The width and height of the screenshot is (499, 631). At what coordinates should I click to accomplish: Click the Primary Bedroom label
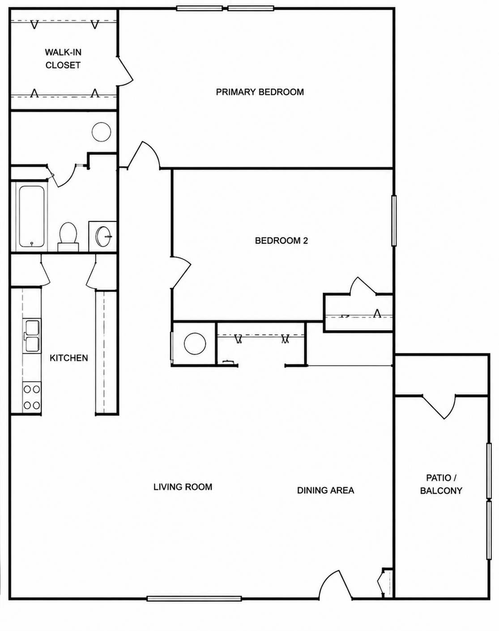260,92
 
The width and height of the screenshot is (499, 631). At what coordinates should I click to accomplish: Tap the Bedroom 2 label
281,241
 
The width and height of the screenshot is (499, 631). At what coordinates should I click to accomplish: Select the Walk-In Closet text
63,59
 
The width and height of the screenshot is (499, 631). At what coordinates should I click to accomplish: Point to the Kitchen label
68,358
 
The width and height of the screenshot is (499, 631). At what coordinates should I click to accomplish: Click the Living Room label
183,487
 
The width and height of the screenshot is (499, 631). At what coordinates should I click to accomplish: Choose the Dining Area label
325,490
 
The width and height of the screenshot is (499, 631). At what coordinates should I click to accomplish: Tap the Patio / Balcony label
441,484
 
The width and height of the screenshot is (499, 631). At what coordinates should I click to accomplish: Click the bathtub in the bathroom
32,216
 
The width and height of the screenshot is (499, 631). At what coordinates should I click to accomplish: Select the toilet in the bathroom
68,237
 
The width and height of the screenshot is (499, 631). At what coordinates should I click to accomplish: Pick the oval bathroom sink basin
104,236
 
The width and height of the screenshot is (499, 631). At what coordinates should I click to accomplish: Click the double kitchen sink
32,336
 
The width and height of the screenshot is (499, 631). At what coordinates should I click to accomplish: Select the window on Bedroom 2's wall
394,220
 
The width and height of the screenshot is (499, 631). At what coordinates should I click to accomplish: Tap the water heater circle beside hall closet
195,343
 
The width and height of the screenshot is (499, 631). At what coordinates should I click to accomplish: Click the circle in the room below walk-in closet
101,131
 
